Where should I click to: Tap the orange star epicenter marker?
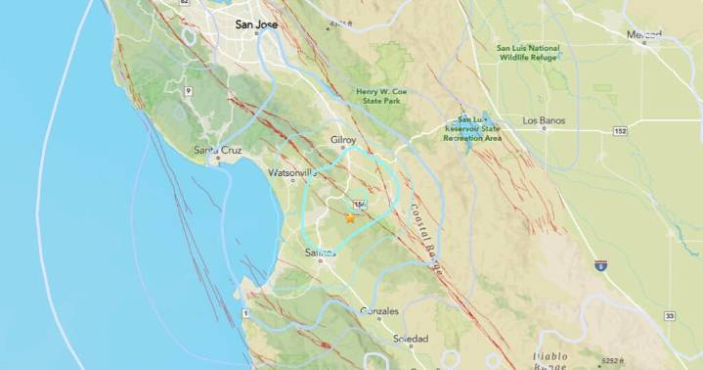349,218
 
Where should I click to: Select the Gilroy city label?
342,141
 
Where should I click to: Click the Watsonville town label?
293,173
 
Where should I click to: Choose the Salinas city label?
321,253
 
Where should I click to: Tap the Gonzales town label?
379,311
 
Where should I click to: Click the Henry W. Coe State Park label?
385,95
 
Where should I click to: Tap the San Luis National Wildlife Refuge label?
528,53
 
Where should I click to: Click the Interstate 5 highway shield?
599,265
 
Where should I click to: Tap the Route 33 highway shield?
668,316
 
